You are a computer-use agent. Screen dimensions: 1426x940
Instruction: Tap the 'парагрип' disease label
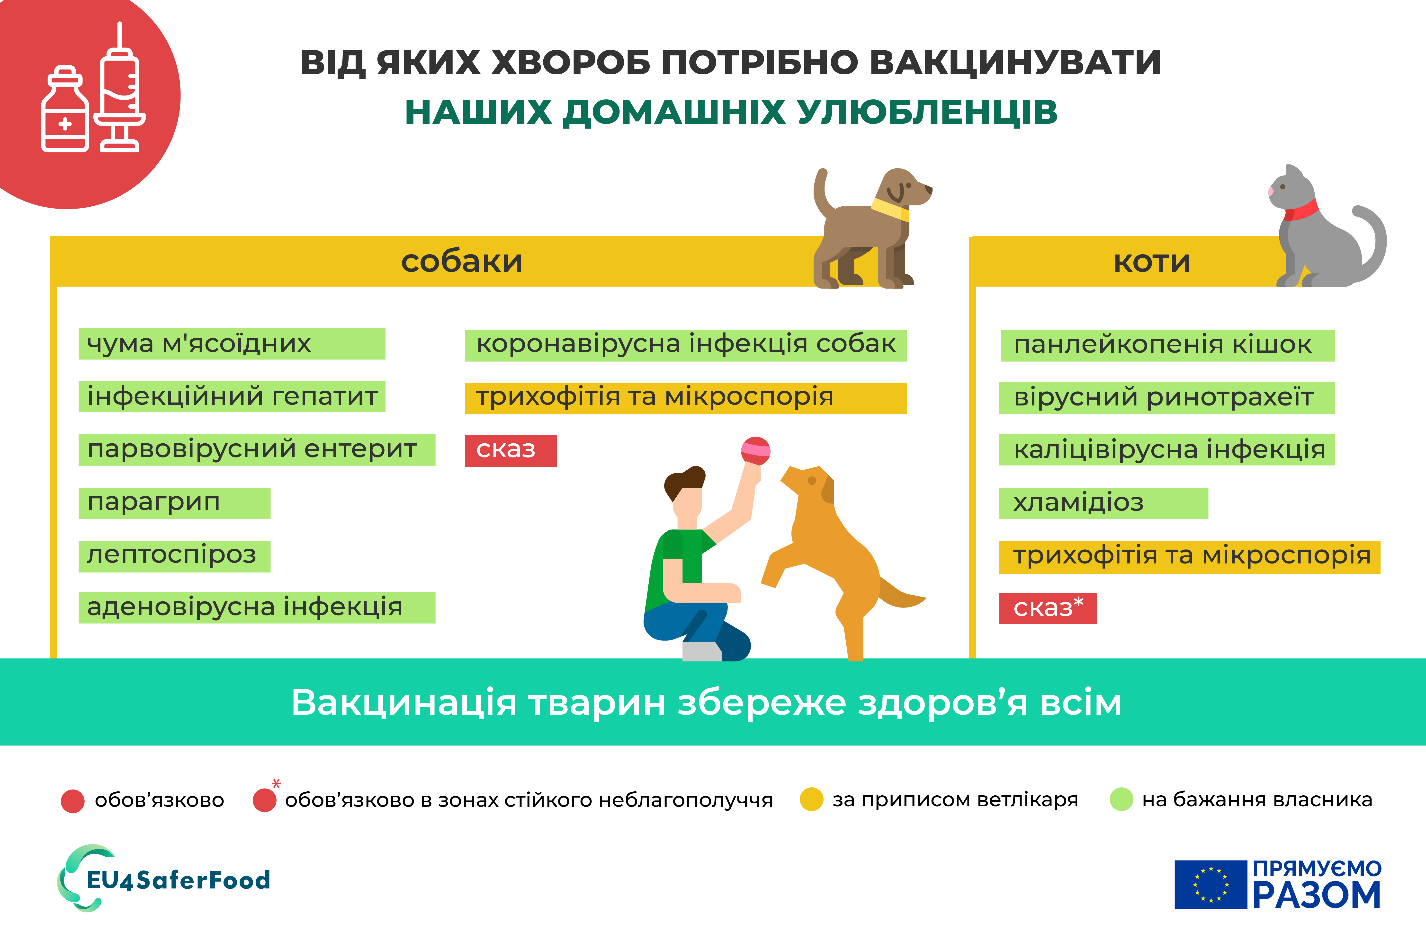tap(174, 503)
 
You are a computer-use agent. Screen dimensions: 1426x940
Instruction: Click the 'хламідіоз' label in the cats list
tap(1103, 503)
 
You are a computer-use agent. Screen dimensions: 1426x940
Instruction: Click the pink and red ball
tap(756, 451)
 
